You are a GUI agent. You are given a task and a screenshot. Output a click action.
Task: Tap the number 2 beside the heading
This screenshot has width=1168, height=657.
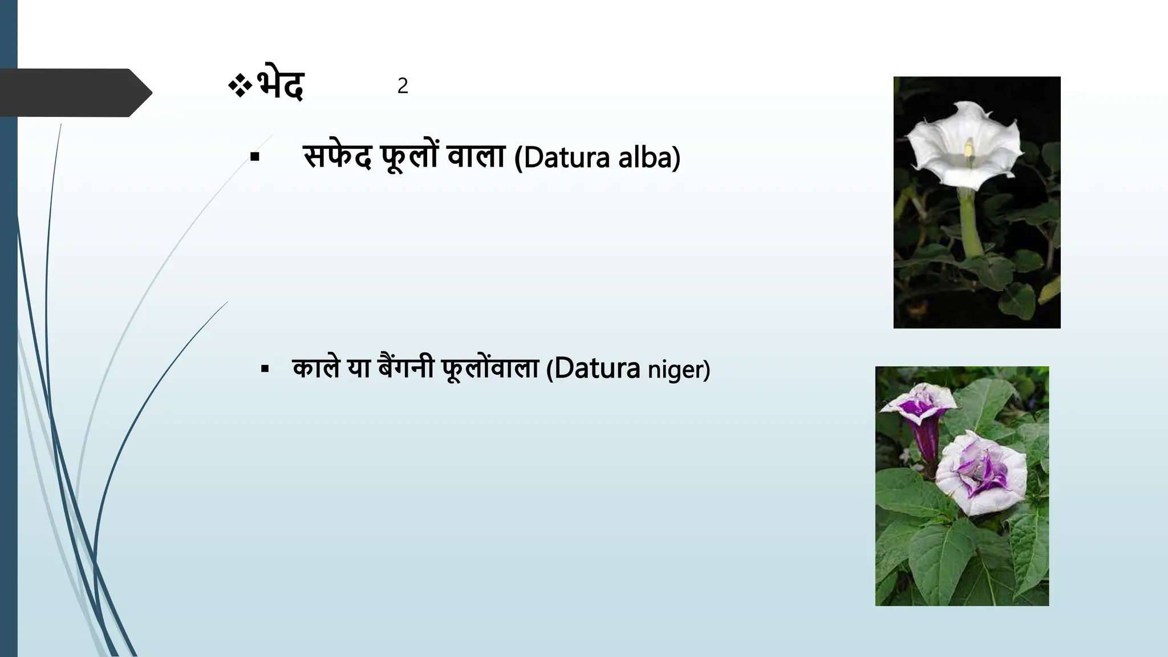tap(403, 86)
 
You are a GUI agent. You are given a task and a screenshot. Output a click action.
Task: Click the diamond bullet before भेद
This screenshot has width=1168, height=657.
tap(240, 86)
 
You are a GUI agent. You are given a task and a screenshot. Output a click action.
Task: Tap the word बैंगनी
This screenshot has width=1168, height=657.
tap(406, 368)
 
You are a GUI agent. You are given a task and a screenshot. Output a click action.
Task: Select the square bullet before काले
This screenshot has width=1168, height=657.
tap(265, 369)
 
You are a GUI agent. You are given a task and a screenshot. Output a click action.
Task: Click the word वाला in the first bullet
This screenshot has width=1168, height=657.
tap(476, 157)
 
